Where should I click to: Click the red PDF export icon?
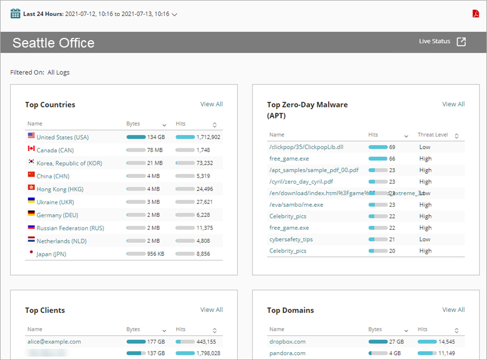coord(476,14)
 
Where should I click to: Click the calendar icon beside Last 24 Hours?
coord(15,14)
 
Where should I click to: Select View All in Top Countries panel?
coord(211,104)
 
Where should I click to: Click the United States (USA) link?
coord(62,137)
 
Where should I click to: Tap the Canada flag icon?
coord(31,149)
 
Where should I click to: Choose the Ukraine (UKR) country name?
coord(55,202)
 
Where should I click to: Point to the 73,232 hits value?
coord(204,163)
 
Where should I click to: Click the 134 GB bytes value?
coord(156,137)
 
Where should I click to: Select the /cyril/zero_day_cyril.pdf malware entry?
coord(301,182)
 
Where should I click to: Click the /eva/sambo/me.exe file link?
coord(296,205)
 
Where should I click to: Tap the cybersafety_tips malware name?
coord(291,239)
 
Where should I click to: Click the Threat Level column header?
coord(433,135)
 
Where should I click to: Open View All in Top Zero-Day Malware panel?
coord(453,104)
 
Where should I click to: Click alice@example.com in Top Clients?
coord(54,342)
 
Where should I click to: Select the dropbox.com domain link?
coord(287,342)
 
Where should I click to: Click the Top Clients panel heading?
coord(45,310)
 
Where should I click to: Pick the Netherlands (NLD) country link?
coord(58,241)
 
